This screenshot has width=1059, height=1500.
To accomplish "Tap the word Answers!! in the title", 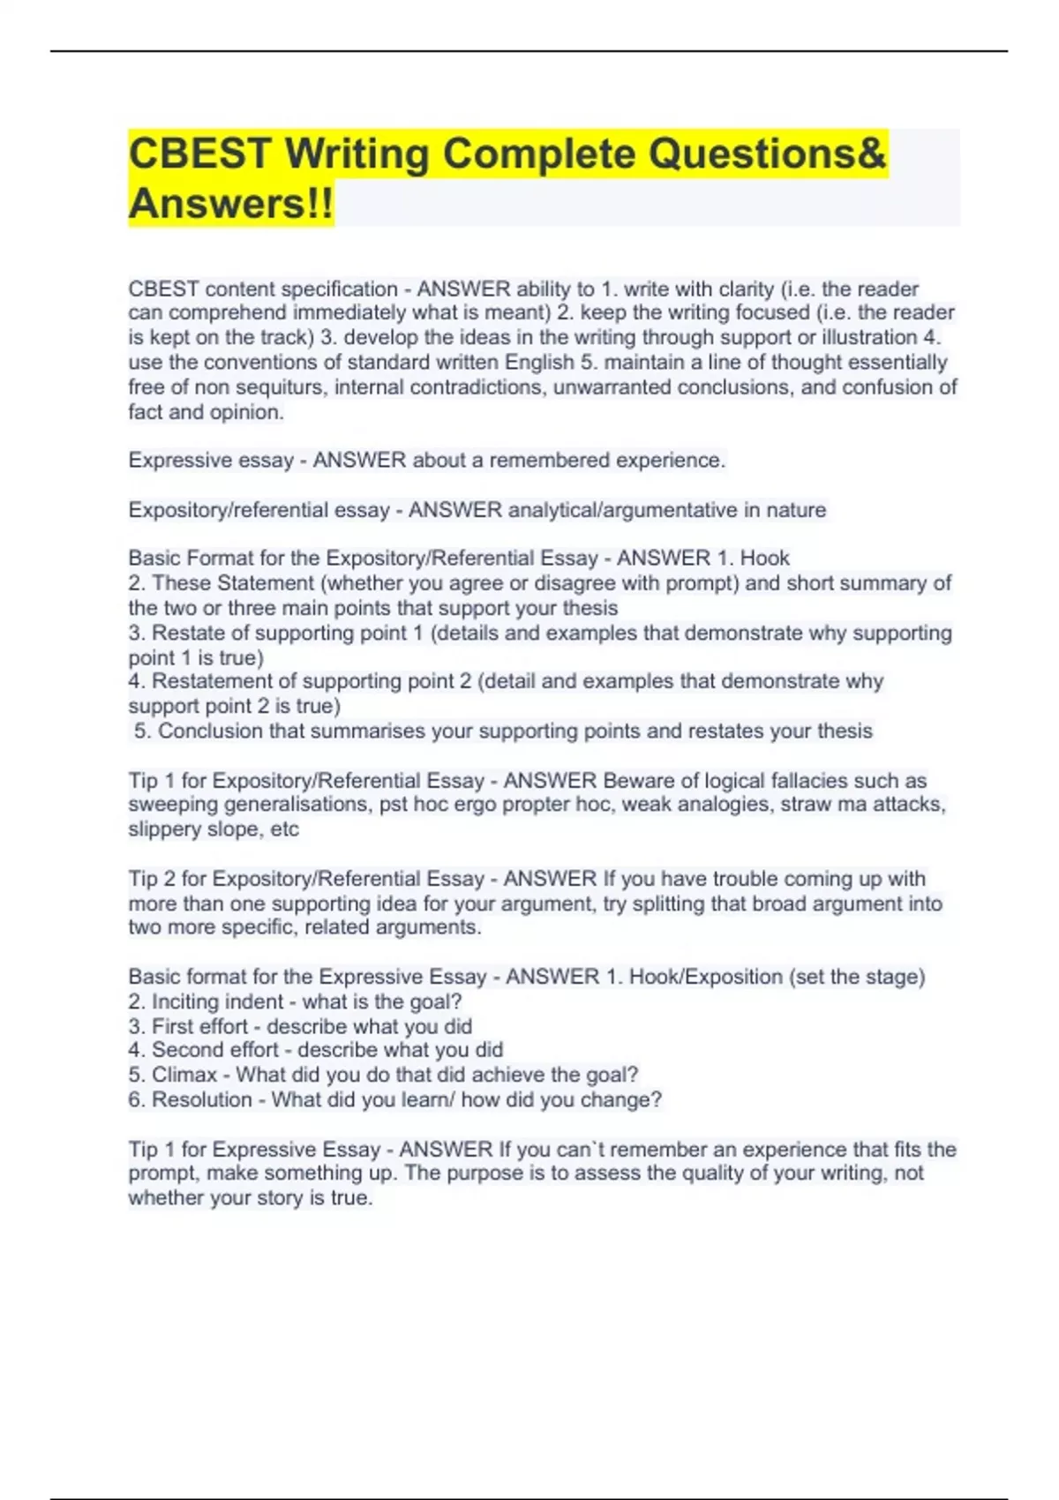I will click(x=231, y=204).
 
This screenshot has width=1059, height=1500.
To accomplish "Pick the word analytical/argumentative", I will click(x=622, y=510).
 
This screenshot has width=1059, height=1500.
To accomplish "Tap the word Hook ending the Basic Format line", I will click(x=764, y=559).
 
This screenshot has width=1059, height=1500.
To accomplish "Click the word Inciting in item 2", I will click(x=185, y=1002).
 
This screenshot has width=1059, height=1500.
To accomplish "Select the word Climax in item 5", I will click(x=184, y=1075).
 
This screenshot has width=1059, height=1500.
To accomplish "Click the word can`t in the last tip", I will click(x=578, y=1150).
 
